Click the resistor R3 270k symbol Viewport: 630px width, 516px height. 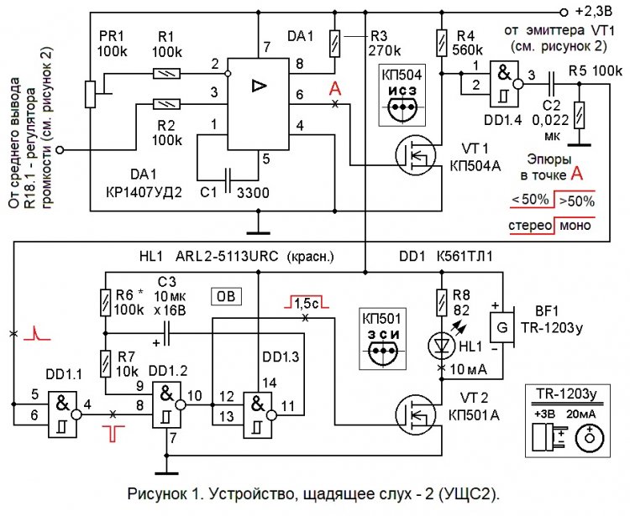tap(336, 39)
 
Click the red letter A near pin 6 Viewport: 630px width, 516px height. tap(336, 88)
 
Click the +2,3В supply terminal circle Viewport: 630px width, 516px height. tap(564, 12)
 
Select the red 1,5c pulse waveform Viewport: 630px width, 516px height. tap(304, 302)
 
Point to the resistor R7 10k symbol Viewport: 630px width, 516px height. tap(105, 362)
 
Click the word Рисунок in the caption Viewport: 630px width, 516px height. tap(155, 491)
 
